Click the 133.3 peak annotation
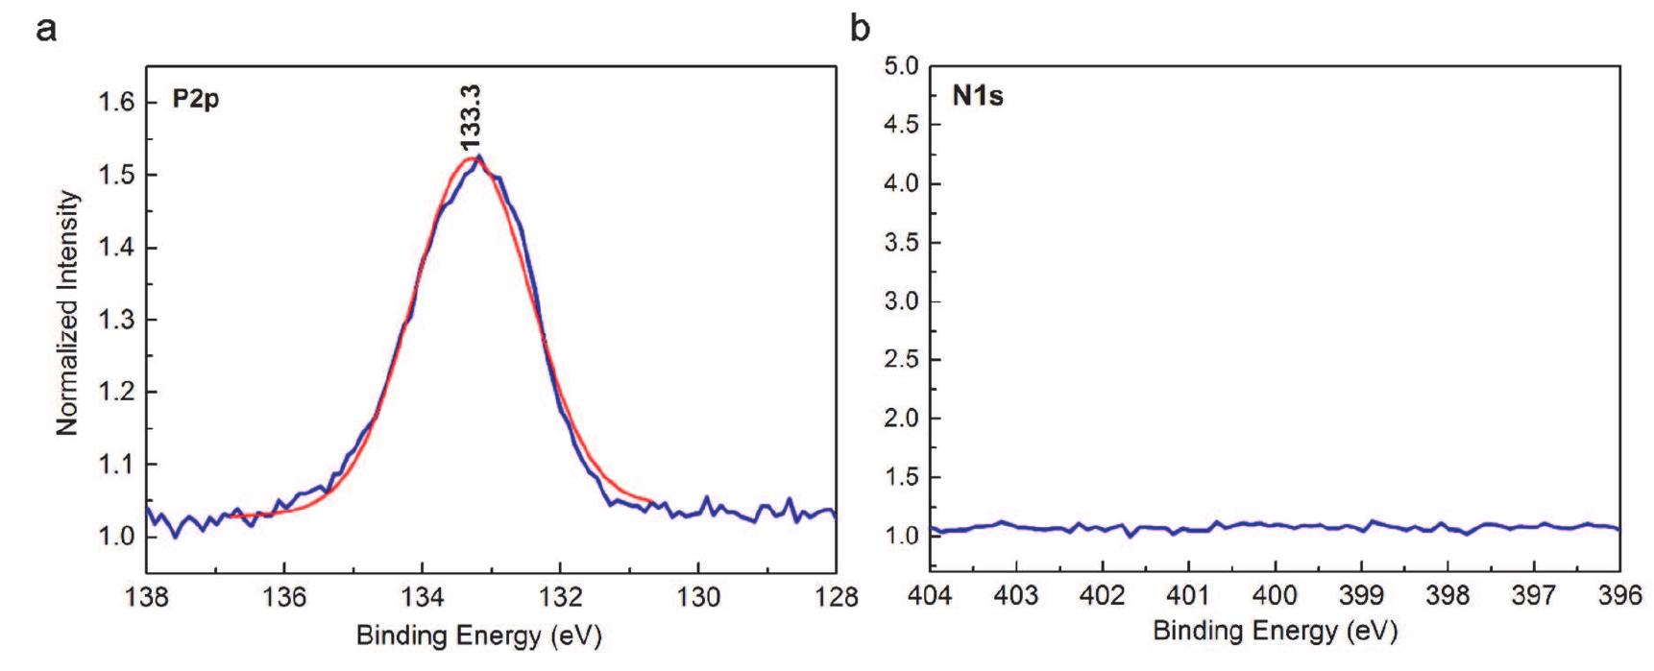coord(472,118)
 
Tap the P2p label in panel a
coord(196,99)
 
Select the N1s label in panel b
coord(979,96)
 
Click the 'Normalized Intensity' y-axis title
coord(67,313)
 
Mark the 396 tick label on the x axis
coord(1619,597)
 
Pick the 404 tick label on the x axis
coord(931,597)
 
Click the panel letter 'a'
coord(45,29)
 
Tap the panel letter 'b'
coord(861,29)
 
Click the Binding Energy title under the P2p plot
coord(478,636)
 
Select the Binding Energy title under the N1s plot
coord(1275,632)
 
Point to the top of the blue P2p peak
coord(478,156)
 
